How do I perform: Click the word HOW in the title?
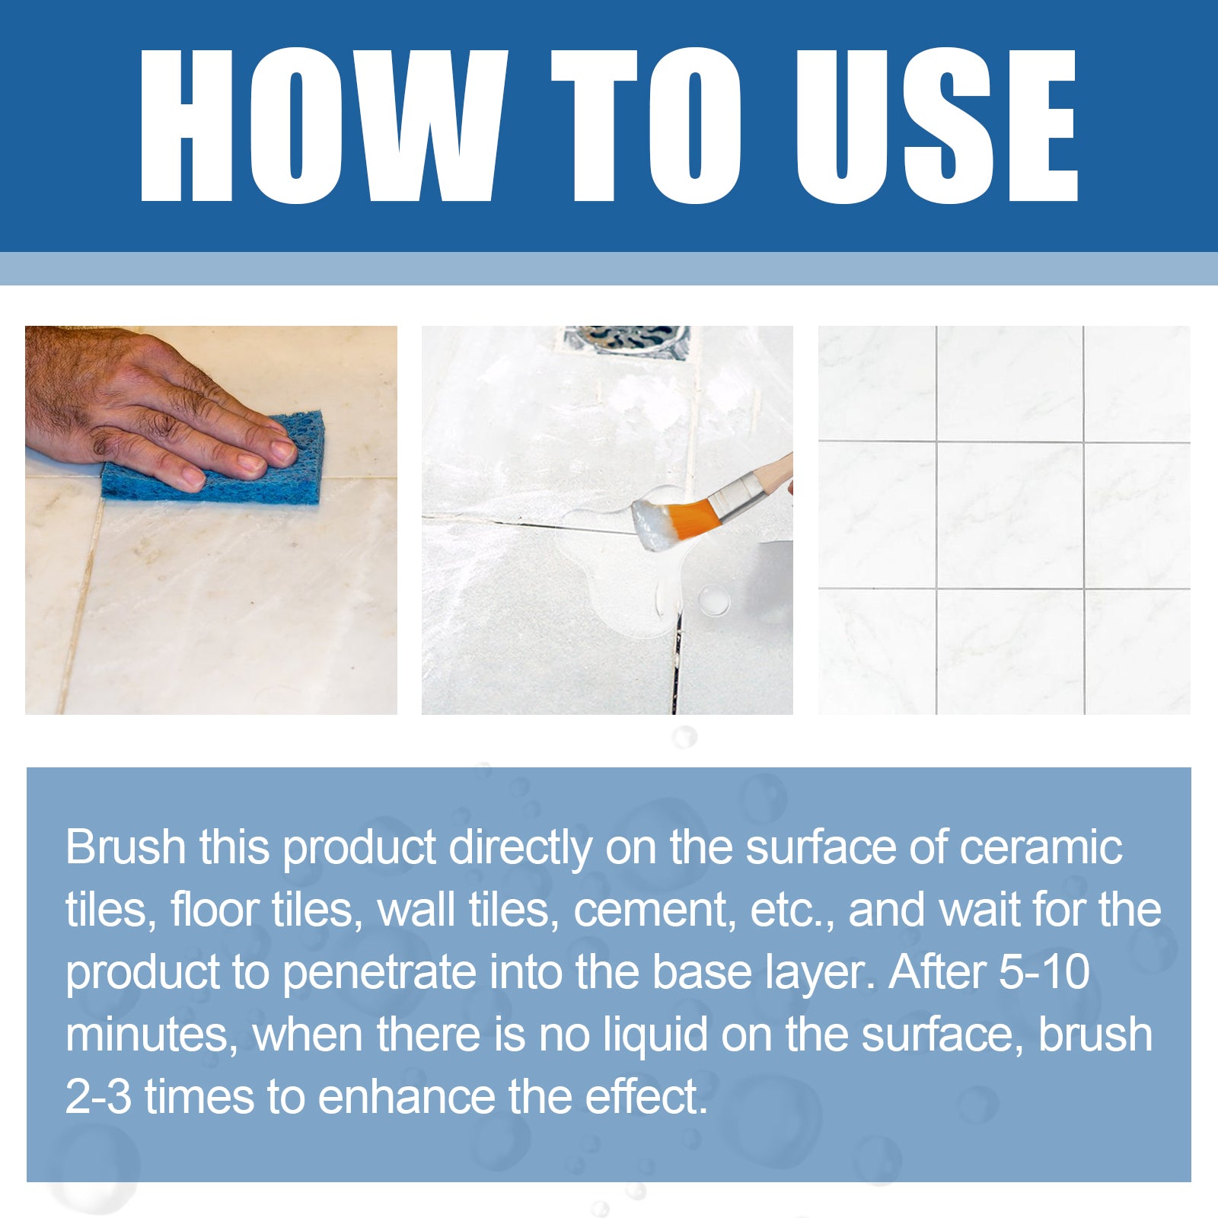320,126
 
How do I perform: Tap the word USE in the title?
936,126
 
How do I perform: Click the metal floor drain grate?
627,339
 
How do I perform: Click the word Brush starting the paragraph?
126,847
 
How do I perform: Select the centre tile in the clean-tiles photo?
1009,515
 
